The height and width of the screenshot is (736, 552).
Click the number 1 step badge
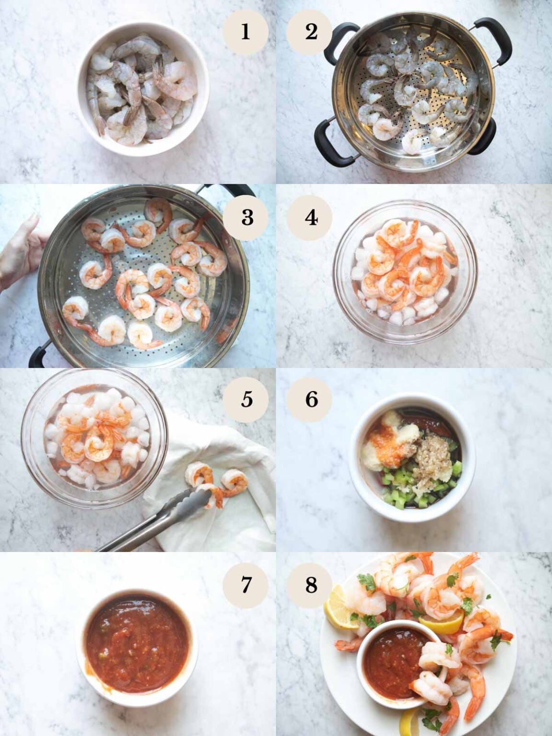pos(245,32)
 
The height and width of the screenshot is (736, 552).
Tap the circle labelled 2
pos(310,32)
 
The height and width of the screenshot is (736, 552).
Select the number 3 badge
pos(247,217)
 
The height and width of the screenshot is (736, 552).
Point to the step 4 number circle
pos(310,218)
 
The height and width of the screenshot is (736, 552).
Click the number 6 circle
pos(311,399)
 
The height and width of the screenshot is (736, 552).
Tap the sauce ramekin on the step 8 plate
pos(391,664)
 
